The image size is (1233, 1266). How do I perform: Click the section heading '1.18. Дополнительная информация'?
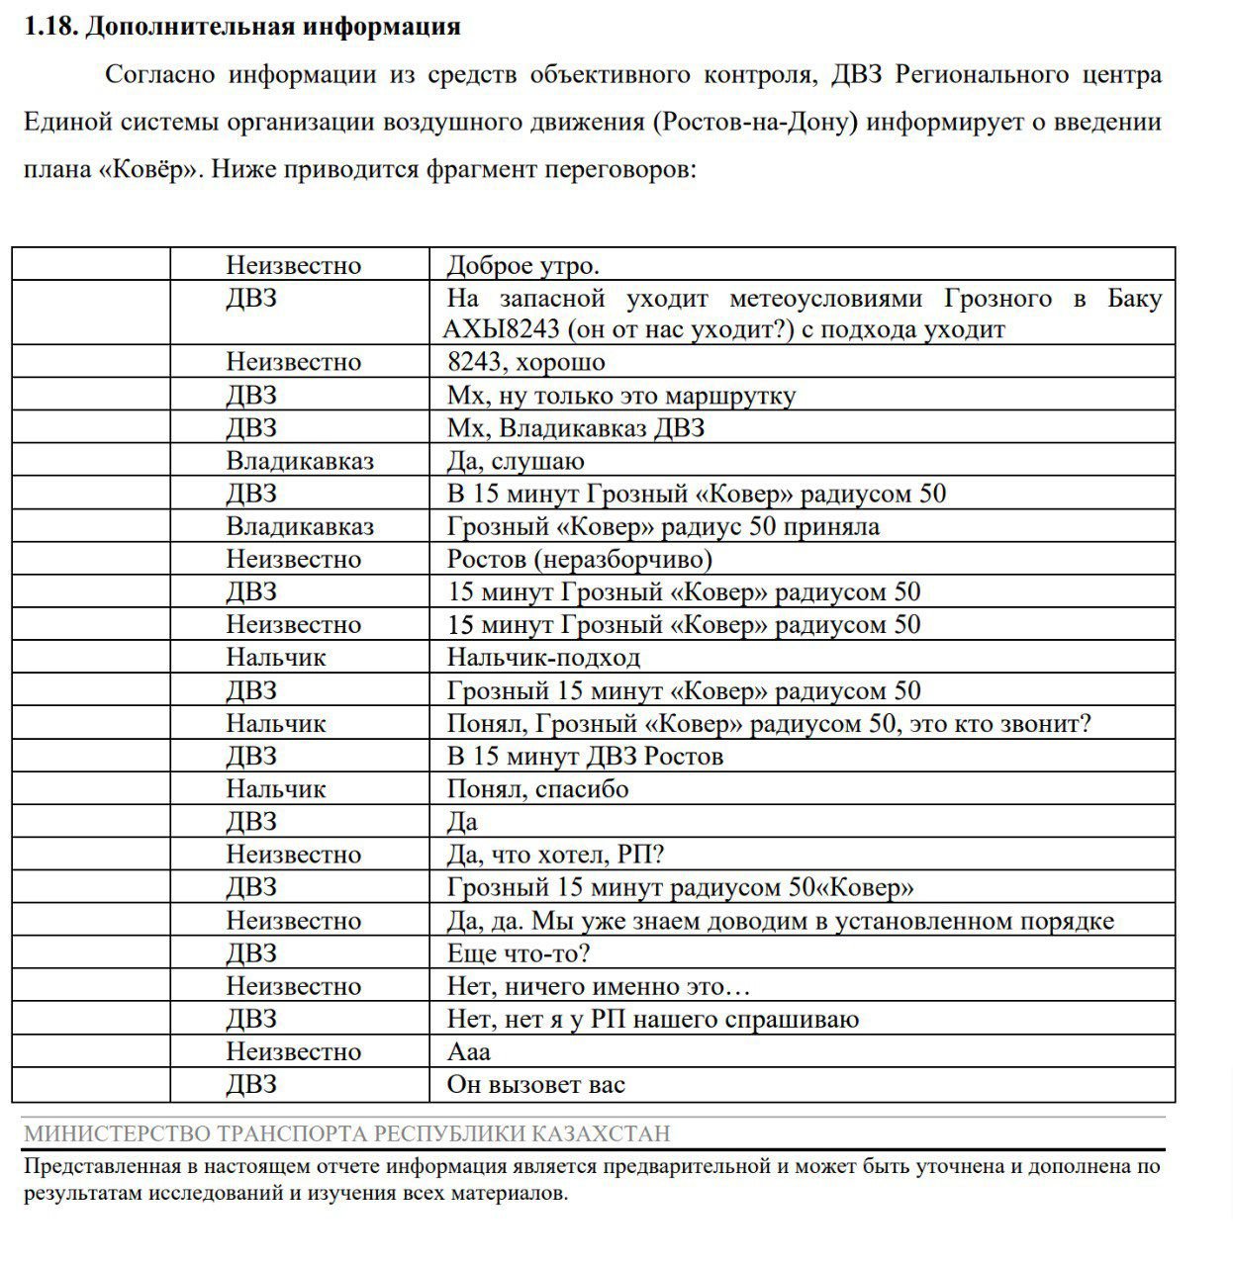(x=242, y=27)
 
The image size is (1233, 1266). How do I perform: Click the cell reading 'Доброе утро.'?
(x=523, y=265)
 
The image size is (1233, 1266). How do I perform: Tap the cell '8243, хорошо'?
(x=525, y=362)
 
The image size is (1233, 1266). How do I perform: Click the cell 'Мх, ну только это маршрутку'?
(x=621, y=396)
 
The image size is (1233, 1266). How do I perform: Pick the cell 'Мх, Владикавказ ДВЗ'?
(x=576, y=428)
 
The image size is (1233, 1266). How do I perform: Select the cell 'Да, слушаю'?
(x=516, y=461)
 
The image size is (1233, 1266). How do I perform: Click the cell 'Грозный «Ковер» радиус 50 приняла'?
(x=663, y=526)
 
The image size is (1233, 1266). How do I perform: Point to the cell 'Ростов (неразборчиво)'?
(x=579, y=559)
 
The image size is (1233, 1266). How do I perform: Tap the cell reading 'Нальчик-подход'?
(x=543, y=658)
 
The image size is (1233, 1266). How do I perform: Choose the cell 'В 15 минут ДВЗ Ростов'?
(x=585, y=756)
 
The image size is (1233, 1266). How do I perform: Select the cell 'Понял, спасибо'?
(x=537, y=788)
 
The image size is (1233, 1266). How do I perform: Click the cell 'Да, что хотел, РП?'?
(x=555, y=855)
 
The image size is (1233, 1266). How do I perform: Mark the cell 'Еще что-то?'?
(x=519, y=953)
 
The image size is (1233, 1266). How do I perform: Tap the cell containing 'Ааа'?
(x=468, y=1051)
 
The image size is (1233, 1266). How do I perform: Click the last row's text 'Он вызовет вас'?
(x=536, y=1085)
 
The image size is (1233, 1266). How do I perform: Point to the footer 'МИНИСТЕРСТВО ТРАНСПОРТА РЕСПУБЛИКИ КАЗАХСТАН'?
(x=347, y=1133)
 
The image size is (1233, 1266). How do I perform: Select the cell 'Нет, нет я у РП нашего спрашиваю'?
(x=653, y=1019)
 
